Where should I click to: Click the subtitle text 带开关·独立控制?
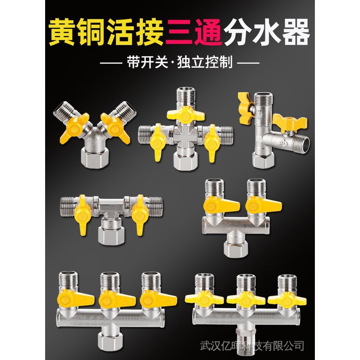(x=180, y=63)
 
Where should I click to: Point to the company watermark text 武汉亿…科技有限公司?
(x=252, y=345)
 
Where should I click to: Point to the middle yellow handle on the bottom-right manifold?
(x=246, y=300)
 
